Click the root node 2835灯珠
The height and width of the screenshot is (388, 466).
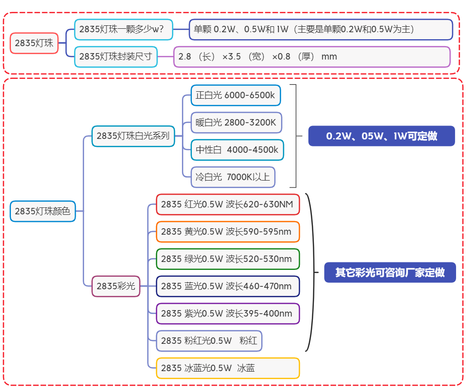tap(34, 43)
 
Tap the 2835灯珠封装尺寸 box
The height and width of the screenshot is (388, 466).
tap(116, 57)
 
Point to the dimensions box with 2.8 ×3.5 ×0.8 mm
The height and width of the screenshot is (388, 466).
tap(311, 57)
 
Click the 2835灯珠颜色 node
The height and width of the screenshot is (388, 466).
tap(43, 211)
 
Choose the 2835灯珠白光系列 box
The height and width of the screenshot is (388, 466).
tap(133, 136)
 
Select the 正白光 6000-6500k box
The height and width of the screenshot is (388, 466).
tap(235, 95)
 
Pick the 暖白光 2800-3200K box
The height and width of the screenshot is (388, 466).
tap(236, 123)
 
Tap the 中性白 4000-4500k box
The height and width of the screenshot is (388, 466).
tap(237, 150)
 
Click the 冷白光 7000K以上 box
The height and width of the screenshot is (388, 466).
tap(233, 177)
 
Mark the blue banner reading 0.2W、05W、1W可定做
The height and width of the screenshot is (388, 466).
tap(381, 136)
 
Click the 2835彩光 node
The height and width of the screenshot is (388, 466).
tap(116, 286)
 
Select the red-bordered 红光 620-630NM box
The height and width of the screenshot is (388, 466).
tap(228, 204)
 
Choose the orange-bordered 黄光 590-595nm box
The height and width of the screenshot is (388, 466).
tap(228, 232)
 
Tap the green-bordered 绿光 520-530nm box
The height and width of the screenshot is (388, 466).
tap(228, 259)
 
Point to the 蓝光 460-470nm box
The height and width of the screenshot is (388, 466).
tap(228, 286)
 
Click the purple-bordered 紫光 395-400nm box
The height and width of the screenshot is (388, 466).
tap(228, 314)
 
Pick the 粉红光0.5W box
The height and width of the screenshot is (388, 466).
tap(209, 341)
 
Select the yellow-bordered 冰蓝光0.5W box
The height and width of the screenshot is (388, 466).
tap(228, 368)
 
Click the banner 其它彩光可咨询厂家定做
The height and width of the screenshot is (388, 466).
tap(390, 272)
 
